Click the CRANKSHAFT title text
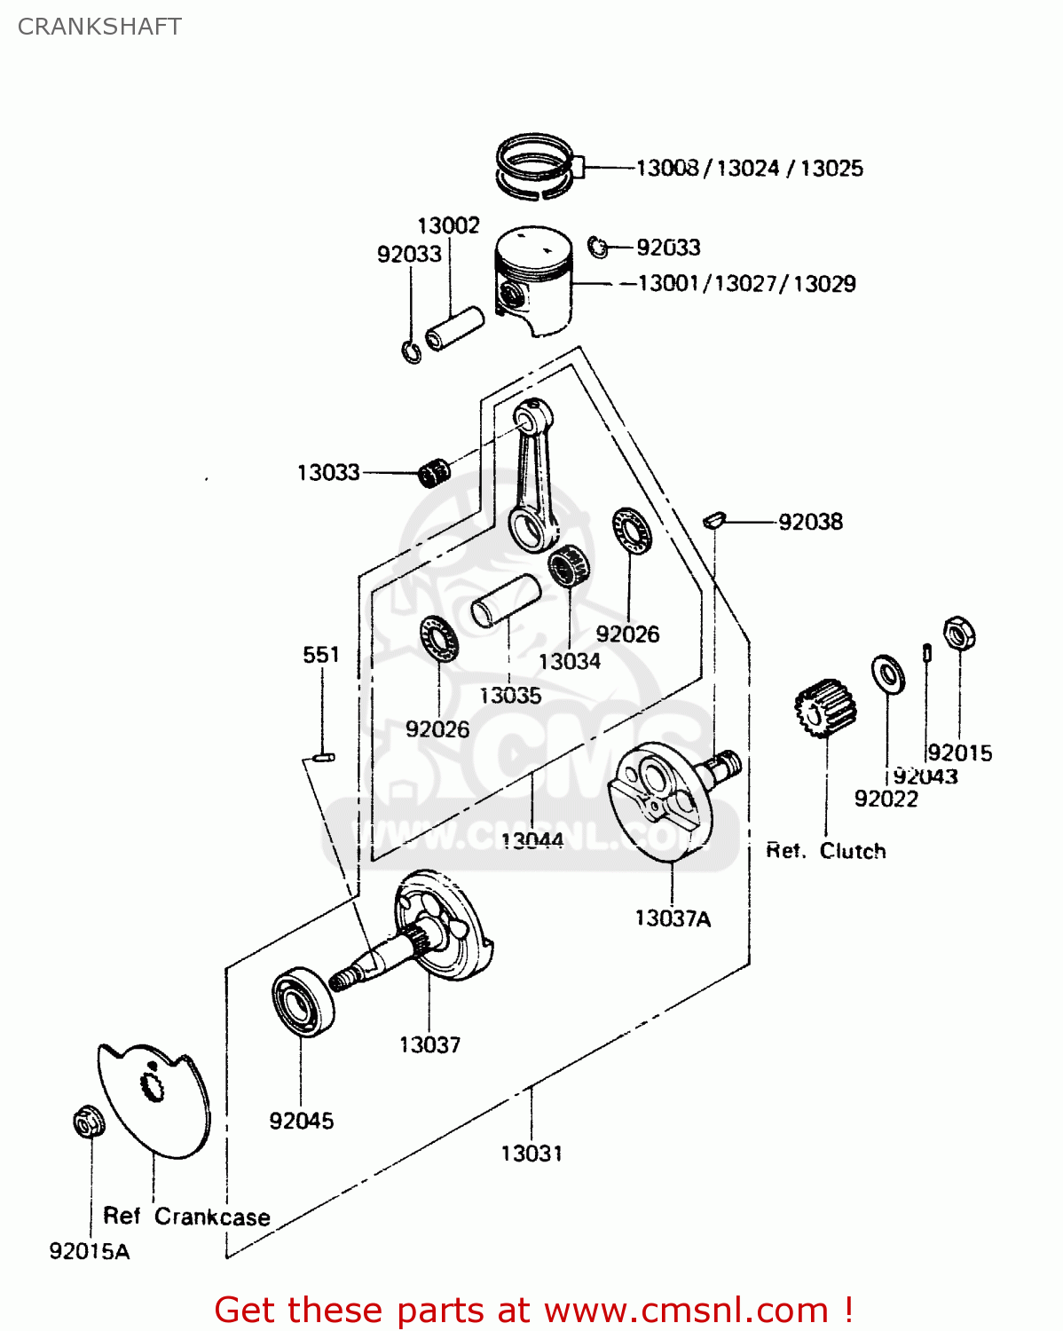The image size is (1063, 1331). (x=99, y=27)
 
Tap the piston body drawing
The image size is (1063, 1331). (x=535, y=278)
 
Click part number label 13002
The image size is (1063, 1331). (x=448, y=225)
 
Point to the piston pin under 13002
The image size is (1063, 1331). (x=454, y=327)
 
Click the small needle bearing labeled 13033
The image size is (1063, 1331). (x=434, y=473)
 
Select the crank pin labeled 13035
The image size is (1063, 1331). (x=506, y=601)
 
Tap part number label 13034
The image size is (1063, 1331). (x=569, y=661)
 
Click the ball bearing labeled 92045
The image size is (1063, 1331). (x=302, y=1003)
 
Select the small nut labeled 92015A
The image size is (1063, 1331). (x=88, y=1122)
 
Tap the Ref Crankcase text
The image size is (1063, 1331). (x=186, y=1217)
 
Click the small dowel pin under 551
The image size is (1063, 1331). (x=323, y=758)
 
